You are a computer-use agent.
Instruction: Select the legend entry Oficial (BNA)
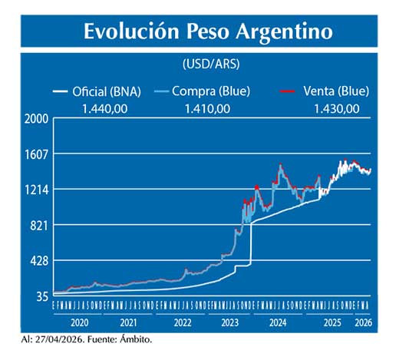pyautogui.click(x=107, y=91)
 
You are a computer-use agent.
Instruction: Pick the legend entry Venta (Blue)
pyautogui.click(x=337, y=91)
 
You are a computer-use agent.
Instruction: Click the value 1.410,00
pyautogui.click(x=207, y=108)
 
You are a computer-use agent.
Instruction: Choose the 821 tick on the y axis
pyautogui.click(x=40, y=225)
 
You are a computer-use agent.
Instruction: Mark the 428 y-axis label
pyautogui.click(x=40, y=261)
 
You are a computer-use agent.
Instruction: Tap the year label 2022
pyautogui.click(x=183, y=324)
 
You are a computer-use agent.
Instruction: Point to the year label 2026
pyautogui.click(x=363, y=324)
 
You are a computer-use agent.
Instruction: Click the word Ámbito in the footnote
pyautogui.click(x=141, y=339)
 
